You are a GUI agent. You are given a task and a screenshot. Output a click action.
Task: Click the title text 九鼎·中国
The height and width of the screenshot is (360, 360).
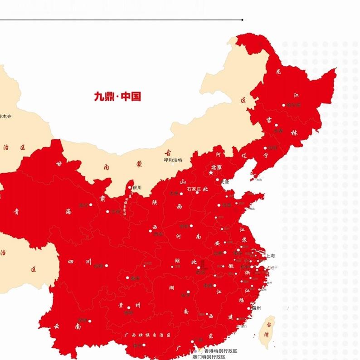tap(117, 97)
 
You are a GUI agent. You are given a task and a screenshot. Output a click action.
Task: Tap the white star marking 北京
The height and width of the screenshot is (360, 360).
tap(211, 173)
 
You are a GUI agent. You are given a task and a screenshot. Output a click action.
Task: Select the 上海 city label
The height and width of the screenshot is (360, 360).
tap(270, 255)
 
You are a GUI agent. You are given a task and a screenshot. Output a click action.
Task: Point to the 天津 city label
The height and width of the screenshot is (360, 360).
tap(225, 182)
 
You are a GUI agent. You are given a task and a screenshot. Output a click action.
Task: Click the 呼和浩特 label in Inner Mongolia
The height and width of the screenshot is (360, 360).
tap(173, 160)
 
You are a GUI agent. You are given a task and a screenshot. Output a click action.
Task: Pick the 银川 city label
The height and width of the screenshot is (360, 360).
tap(137, 187)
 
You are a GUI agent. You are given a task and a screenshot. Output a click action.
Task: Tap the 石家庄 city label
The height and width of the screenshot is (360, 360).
tap(193, 189)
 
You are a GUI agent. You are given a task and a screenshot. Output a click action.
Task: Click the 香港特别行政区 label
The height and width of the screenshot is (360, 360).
tap(220, 351)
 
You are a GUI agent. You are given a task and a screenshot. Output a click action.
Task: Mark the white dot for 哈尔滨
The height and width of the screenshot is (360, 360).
tap(284, 105)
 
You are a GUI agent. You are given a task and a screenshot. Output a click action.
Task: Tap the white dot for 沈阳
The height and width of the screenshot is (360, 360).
tap(266, 148)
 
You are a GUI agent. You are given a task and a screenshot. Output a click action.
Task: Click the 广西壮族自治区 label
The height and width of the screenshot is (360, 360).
tap(147, 335)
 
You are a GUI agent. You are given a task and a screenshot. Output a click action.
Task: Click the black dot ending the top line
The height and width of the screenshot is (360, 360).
tap(243, 20)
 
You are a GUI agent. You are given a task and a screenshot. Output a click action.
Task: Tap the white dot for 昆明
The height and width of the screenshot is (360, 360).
tap(90, 321)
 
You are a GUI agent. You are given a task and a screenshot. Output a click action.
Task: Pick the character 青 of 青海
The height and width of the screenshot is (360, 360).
tap(16, 211)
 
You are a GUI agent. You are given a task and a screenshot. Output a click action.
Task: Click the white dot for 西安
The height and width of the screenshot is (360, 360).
tap(151, 231)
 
